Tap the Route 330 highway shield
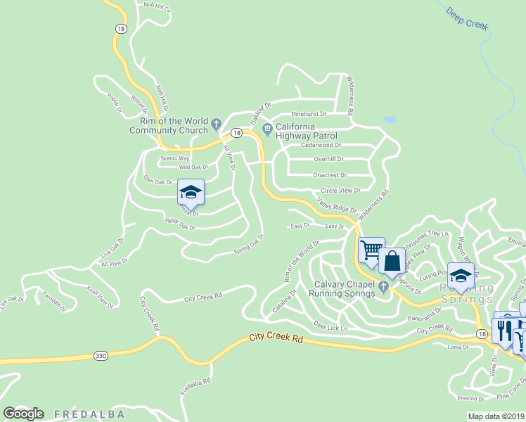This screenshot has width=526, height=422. [x=100, y=357]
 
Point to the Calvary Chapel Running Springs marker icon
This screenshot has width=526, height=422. [x=383, y=286]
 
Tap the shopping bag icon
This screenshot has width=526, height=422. [x=392, y=261]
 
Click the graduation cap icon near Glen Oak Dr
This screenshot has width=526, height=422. [x=190, y=191]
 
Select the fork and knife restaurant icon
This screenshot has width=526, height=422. [x=505, y=329]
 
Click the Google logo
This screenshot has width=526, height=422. [x=23, y=414]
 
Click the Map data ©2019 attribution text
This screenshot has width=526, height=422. [x=496, y=416]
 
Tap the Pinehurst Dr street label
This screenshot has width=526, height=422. [x=309, y=113]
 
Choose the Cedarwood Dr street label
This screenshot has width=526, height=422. [x=321, y=145]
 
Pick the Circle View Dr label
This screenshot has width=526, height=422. [x=340, y=191]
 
